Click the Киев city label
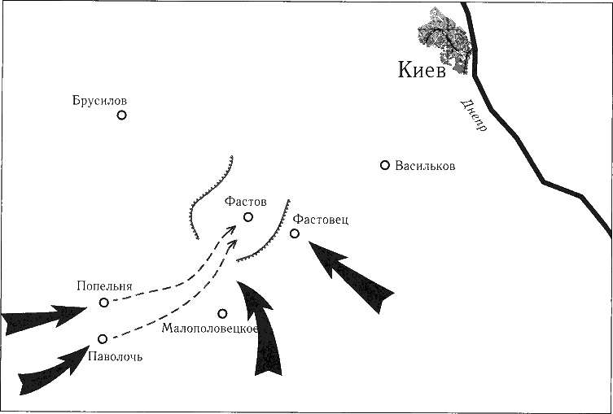(423, 71)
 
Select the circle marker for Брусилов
(122, 115)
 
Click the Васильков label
(425, 166)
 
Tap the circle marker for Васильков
(385, 165)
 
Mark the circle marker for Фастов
(248, 217)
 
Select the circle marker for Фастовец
(295, 233)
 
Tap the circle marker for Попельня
(104, 303)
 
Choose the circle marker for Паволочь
(103, 338)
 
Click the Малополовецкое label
(210, 329)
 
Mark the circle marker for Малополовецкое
(222, 313)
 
